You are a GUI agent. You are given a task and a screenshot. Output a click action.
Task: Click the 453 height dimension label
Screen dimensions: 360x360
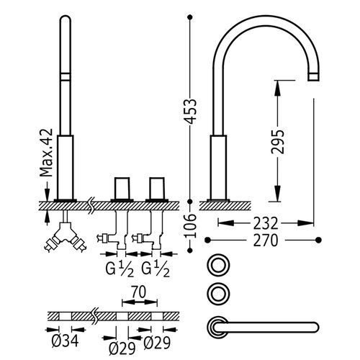tap(192, 111)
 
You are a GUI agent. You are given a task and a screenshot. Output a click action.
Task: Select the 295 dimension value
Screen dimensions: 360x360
tap(278, 142)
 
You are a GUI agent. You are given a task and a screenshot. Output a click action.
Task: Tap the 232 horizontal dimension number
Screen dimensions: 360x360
tap(266, 223)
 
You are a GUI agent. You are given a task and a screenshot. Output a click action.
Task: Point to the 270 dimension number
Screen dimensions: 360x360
tap(266, 240)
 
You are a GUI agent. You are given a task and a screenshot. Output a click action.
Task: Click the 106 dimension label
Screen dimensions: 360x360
tap(191, 226)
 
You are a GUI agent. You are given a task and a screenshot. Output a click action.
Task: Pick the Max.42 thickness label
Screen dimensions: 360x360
tap(46, 153)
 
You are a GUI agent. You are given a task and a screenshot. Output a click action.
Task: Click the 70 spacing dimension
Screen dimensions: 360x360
tap(139, 292)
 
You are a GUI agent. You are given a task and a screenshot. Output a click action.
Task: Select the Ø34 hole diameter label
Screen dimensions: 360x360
tap(65, 341)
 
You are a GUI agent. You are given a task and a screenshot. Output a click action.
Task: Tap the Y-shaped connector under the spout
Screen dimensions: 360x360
tap(65, 236)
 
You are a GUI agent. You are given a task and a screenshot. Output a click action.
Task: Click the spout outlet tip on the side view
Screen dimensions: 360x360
tap(313, 77)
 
